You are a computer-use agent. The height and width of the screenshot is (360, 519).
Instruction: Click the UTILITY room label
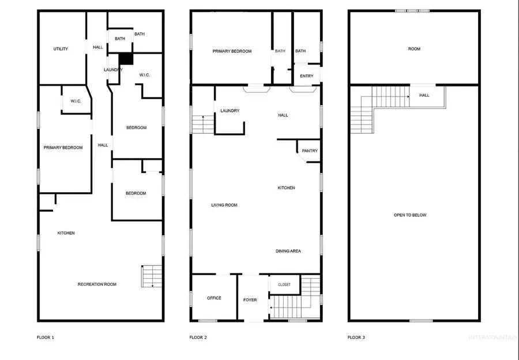tap(61, 49)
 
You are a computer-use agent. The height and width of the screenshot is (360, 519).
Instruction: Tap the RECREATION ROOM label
tap(97, 284)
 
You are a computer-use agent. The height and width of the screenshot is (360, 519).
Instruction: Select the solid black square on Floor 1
tap(126, 59)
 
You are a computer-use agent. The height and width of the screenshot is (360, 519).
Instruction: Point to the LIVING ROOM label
tap(224, 205)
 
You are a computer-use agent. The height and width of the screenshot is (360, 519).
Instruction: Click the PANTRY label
tap(310, 151)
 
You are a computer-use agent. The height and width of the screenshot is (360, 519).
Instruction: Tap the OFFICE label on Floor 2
tap(214, 298)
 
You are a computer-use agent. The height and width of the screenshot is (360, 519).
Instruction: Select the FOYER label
tap(250, 300)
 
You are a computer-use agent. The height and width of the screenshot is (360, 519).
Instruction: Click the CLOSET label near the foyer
tap(284, 285)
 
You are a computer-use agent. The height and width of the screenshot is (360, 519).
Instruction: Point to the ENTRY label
tap(307, 76)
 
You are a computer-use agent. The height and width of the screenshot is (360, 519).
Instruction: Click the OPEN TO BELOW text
tap(410, 215)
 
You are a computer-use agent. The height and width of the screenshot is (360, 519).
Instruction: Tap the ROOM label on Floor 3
tap(414, 49)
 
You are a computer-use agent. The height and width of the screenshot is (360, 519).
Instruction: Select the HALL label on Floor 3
tap(424, 95)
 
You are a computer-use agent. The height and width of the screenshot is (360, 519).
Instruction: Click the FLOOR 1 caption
tap(46, 337)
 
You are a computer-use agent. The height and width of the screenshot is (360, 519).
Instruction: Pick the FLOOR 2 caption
tap(198, 337)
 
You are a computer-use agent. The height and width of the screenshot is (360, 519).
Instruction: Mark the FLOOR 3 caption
tap(356, 337)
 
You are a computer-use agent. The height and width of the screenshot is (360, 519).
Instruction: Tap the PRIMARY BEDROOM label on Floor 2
tap(232, 51)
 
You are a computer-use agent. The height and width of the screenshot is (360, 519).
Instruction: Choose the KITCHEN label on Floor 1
tap(66, 233)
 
